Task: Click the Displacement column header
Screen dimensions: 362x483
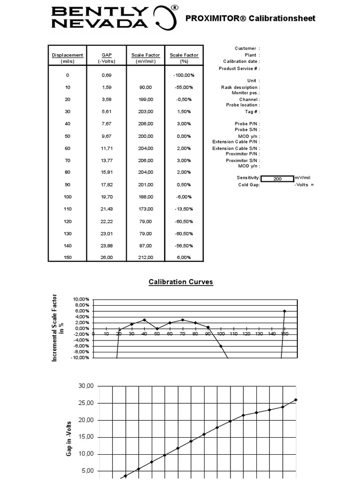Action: (x=67, y=55)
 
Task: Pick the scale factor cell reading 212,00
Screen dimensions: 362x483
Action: (x=146, y=258)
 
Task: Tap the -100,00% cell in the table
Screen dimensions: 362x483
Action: (x=184, y=75)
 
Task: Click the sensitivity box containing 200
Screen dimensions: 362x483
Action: (x=277, y=179)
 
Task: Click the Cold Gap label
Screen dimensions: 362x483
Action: (x=249, y=185)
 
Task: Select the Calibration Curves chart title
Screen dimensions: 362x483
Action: (x=181, y=282)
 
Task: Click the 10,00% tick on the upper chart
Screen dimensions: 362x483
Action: (x=81, y=300)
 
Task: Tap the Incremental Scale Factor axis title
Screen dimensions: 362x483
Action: (x=58, y=328)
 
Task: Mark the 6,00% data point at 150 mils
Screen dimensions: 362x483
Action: (x=285, y=311)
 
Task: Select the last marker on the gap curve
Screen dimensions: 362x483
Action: (x=296, y=400)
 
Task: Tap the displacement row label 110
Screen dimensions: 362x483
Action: (x=67, y=209)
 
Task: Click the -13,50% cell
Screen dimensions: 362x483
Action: (x=184, y=209)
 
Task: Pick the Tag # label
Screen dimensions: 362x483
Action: (x=252, y=112)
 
